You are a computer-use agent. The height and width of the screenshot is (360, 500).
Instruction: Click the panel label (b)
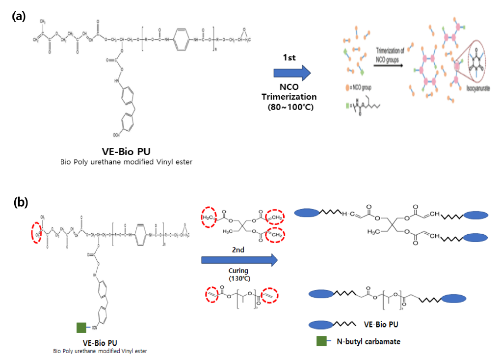click(21, 202)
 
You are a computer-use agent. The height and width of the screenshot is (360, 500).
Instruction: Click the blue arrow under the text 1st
click(292, 73)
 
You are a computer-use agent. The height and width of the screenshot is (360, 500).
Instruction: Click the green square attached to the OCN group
click(82, 327)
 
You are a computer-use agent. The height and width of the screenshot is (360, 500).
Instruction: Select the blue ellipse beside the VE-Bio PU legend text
click(324, 325)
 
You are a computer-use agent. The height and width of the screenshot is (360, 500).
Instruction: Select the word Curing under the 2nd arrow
click(238, 271)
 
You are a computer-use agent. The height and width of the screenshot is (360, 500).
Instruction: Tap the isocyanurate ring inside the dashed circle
click(478, 64)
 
